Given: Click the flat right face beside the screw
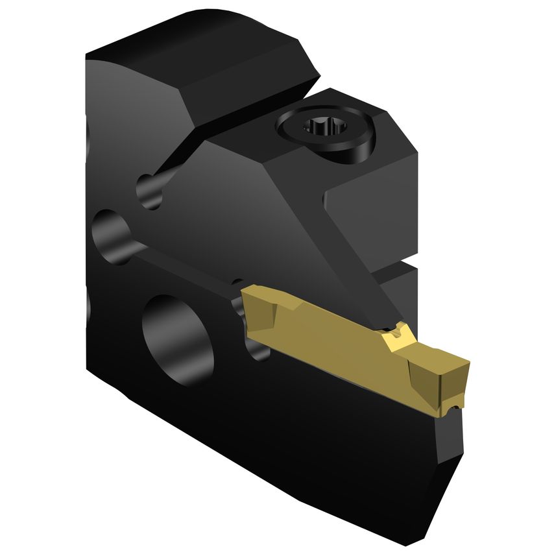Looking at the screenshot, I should [373, 208].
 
